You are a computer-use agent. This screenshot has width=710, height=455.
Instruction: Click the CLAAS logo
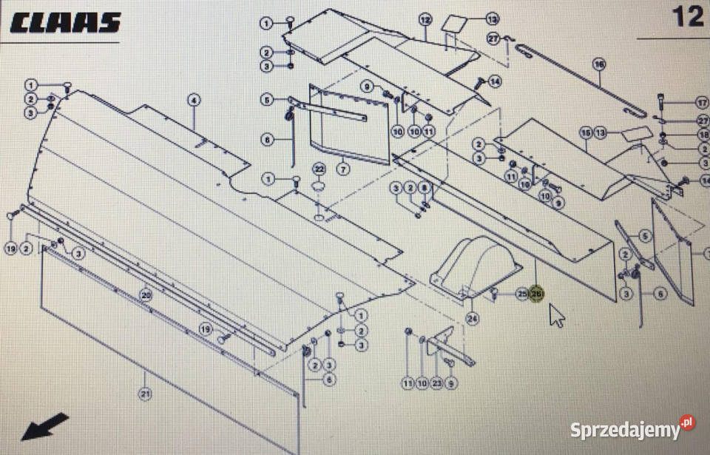pos(65,21)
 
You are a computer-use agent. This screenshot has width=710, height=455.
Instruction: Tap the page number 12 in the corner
pos(688,16)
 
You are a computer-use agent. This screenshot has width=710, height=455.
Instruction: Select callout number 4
pos(194,100)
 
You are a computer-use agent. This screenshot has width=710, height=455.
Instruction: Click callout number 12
pos(425,18)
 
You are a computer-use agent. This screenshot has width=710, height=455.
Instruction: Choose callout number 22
pos(319,169)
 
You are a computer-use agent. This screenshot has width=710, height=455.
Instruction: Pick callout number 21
pos(145,394)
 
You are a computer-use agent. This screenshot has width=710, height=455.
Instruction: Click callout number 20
pos(145,294)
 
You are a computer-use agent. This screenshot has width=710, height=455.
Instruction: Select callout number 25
pos(522,294)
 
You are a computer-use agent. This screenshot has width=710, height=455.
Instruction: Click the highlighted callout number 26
pos(537,294)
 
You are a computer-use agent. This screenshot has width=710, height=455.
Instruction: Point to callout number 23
pos(436,382)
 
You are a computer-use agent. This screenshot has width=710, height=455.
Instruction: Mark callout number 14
pos(494,81)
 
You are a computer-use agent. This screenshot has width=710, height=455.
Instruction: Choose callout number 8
pos(424,188)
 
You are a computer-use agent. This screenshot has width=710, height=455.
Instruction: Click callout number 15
pos(586,132)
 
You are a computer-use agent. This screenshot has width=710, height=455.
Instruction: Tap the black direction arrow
pos(44,427)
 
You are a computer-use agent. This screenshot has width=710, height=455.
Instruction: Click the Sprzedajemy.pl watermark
pos(632,428)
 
